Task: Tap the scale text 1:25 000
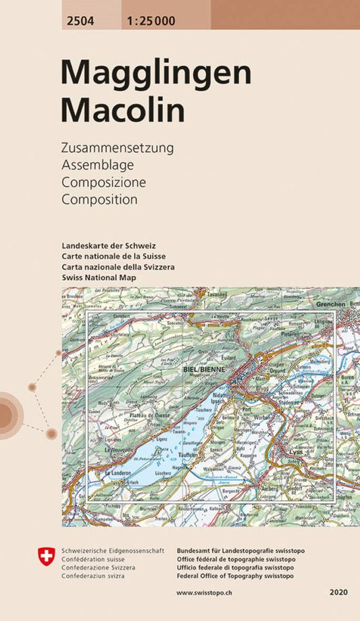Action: click(150, 21)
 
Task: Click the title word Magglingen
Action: click(155, 72)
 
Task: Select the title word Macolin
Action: click(122, 110)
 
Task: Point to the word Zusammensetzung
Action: click(118, 148)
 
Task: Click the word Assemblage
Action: click(97, 165)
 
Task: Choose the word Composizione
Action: click(103, 182)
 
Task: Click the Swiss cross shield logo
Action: click(46, 556)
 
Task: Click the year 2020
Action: click(339, 592)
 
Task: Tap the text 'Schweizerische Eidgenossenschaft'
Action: click(107, 551)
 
